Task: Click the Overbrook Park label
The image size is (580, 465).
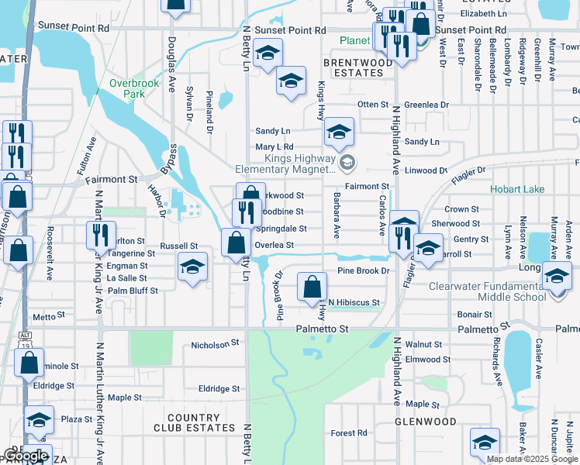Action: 127,88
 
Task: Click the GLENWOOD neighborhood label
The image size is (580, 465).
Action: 425,422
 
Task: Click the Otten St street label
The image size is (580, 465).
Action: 372,105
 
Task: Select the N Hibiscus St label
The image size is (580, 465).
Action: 354,302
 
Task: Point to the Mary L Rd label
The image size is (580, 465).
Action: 275,146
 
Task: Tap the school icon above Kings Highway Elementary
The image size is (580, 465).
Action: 339,133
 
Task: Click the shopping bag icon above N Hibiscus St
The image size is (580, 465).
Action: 311,288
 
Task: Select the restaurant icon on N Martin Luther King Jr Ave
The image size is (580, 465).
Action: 102,234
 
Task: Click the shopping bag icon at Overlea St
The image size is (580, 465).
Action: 235,243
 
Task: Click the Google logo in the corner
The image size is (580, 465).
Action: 25,456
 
